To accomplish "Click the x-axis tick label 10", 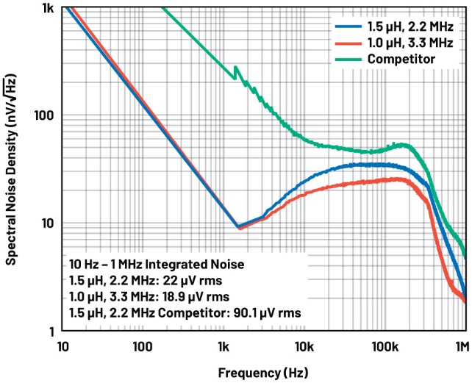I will pyautogui.click(x=64, y=346).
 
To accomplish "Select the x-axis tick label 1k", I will pyautogui.click(x=224, y=346).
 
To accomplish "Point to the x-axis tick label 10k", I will pyautogui.click(x=304, y=346).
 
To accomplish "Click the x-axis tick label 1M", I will pyautogui.click(x=461, y=346).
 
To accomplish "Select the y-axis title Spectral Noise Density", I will pyautogui.click(x=12, y=169).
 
